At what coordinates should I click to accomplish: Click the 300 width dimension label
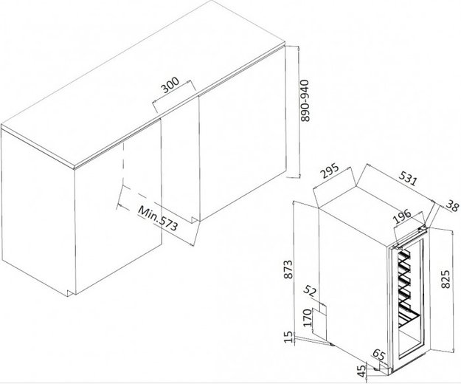click(x=170, y=85)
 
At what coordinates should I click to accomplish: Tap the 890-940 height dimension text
click(x=305, y=100)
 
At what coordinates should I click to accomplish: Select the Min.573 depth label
click(x=158, y=218)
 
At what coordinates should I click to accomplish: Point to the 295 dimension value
click(x=330, y=171)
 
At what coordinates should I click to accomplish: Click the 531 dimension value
click(x=408, y=178)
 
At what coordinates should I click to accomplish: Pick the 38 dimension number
click(x=452, y=205)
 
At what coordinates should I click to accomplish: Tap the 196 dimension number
click(x=402, y=216)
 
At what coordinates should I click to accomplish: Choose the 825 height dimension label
click(x=446, y=279)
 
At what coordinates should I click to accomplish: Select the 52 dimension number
click(x=310, y=291)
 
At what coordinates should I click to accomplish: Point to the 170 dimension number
click(x=307, y=318)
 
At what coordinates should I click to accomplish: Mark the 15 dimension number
click(x=289, y=337)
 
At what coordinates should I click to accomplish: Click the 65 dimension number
click(x=378, y=354)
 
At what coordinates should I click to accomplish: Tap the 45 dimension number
click(x=362, y=371)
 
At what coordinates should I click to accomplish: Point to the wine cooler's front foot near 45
click(x=377, y=368)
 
